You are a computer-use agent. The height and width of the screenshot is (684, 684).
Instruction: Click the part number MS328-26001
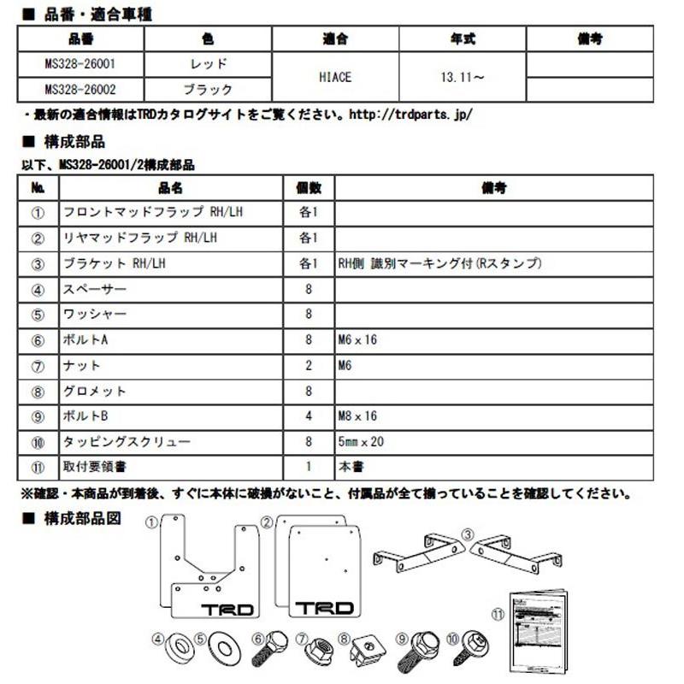(x=82, y=64)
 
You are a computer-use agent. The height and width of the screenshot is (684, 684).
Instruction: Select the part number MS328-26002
(x=82, y=89)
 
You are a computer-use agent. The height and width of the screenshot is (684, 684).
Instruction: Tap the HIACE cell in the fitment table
(x=335, y=77)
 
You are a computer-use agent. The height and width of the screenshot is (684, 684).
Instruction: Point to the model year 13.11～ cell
(x=462, y=77)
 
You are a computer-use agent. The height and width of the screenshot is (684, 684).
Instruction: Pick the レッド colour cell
(x=208, y=64)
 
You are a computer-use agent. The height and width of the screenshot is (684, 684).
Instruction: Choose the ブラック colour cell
(x=208, y=89)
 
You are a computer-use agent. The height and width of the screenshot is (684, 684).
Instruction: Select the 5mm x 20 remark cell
(x=363, y=442)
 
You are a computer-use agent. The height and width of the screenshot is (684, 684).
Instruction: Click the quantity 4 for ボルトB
(x=308, y=416)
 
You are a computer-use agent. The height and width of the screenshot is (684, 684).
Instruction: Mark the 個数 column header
(x=308, y=187)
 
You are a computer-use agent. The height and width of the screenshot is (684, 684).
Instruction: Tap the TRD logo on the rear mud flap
(x=323, y=608)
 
